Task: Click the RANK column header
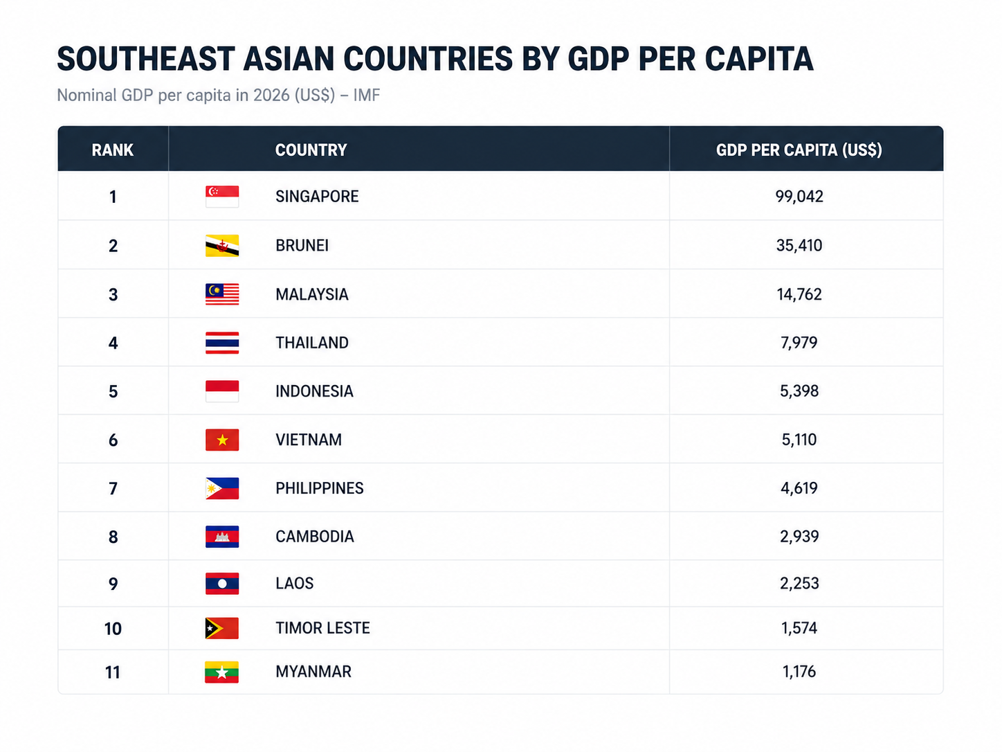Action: click(112, 150)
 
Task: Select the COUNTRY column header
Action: click(311, 150)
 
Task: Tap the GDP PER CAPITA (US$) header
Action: click(799, 150)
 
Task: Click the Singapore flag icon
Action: click(222, 197)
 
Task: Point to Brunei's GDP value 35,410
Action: click(799, 245)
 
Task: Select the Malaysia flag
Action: click(222, 294)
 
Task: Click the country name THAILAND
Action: click(312, 343)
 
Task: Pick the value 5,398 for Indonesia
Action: click(799, 391)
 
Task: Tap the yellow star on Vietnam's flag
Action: click(222, 440)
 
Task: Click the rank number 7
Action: click(113, 489)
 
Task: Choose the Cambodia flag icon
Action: click(222, 537)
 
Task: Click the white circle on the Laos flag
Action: click(222, 584)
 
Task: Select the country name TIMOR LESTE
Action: click(322, 628)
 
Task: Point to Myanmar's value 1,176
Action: click(799, 672)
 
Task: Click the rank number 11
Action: click(113, 672)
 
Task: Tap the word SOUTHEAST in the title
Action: click(146, 59)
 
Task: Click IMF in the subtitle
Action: click(367, 95)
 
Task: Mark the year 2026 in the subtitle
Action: click(272, 95)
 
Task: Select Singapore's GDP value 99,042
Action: click(799, 197)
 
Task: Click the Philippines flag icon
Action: click(222, 488)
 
